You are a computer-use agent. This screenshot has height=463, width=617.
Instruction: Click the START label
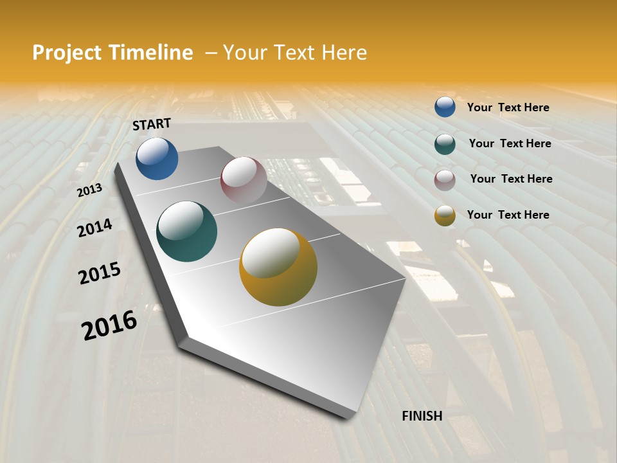coord(152,124)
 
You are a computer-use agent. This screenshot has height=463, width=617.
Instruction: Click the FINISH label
coord(422,416)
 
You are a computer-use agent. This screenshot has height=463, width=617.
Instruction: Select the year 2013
coord(90,190)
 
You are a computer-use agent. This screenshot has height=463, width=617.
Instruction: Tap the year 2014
coord(94,228)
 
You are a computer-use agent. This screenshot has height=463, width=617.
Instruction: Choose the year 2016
coord(109,325)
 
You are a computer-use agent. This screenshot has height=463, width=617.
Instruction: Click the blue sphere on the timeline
coord(157,158)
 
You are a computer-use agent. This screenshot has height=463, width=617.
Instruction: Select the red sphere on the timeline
coord(244,179)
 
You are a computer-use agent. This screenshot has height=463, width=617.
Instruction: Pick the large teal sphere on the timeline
coord(186,232)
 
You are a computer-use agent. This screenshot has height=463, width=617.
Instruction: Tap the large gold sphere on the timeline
coord(278,267)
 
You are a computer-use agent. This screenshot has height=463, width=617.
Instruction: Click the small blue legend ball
coord(445,107)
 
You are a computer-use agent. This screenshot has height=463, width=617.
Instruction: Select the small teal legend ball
coord(445,144)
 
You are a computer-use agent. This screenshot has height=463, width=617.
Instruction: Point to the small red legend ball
coord(445,180)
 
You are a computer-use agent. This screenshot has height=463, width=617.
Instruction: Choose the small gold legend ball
coord(445,215)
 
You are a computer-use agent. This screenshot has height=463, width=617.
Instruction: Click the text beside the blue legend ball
coord(508,107)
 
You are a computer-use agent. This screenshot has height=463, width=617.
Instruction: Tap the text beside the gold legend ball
coord(508,215)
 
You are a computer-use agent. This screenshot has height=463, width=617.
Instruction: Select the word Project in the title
coord(66,53)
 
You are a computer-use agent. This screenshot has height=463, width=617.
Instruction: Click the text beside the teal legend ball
coord(510,143)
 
